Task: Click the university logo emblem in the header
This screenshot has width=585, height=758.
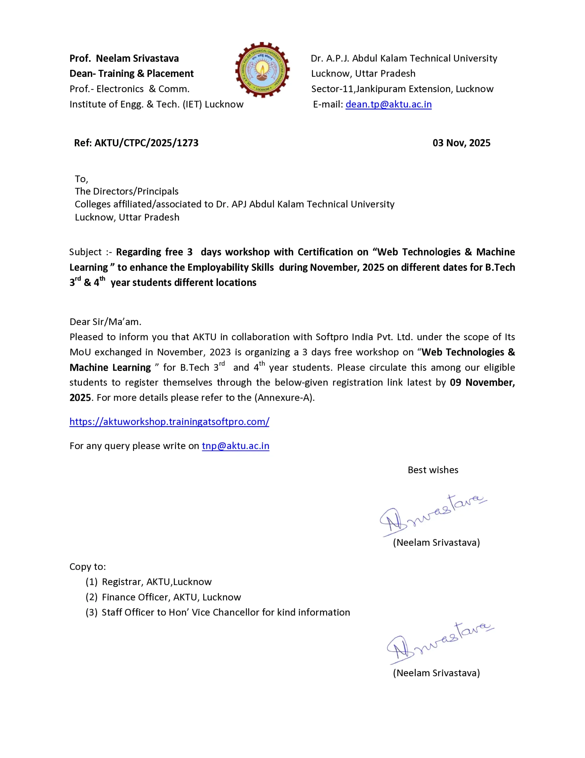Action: [263, 70]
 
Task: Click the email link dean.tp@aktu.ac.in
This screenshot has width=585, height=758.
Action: [388, 104]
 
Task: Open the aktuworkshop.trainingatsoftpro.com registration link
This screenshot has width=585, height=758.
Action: [169, 421]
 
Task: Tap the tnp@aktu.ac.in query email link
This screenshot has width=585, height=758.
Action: [235, 446]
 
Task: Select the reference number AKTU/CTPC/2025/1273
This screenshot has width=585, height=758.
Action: [146, 143]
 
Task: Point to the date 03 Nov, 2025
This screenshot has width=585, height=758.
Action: [461, 143]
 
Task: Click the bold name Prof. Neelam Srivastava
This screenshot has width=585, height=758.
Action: [124, 58]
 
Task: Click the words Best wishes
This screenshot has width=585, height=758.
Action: [433, 470]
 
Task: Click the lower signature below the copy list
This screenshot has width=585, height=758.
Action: [439, 643]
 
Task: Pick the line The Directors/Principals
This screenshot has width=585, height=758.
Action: [127, 191]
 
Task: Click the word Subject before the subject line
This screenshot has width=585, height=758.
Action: [85, 252]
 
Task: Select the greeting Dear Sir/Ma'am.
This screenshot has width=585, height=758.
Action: [105, 322]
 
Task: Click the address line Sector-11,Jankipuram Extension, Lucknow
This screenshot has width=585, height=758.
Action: [402, 89]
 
